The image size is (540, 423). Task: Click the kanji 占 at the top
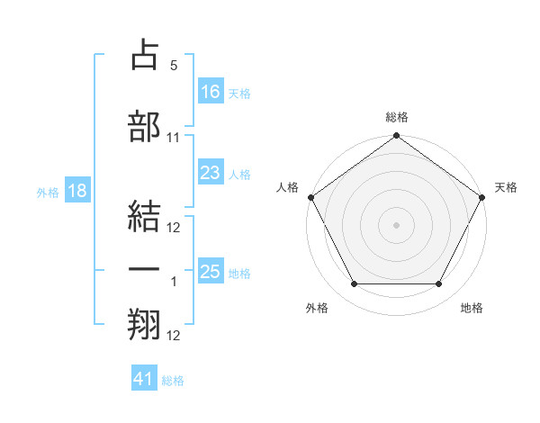pos(145,56)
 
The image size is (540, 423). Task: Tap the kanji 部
pos(145,127)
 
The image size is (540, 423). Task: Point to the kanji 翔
pos(145,323)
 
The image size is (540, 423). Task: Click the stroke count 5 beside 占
pos(174,67)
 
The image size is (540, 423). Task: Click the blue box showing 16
pos(211,91)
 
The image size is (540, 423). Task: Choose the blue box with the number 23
pos(211,173)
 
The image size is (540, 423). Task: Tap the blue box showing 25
pos(211,272)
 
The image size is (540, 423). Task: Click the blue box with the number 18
pos(76,190)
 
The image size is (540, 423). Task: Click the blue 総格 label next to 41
pos(173,381)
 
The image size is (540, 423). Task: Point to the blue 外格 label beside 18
pos(47,192)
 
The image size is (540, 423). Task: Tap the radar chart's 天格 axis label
pos(506,187)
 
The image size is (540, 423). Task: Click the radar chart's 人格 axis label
pos(287,187)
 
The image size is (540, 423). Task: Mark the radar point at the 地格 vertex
pos(439,284)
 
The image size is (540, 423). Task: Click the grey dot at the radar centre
pos(397,224)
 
